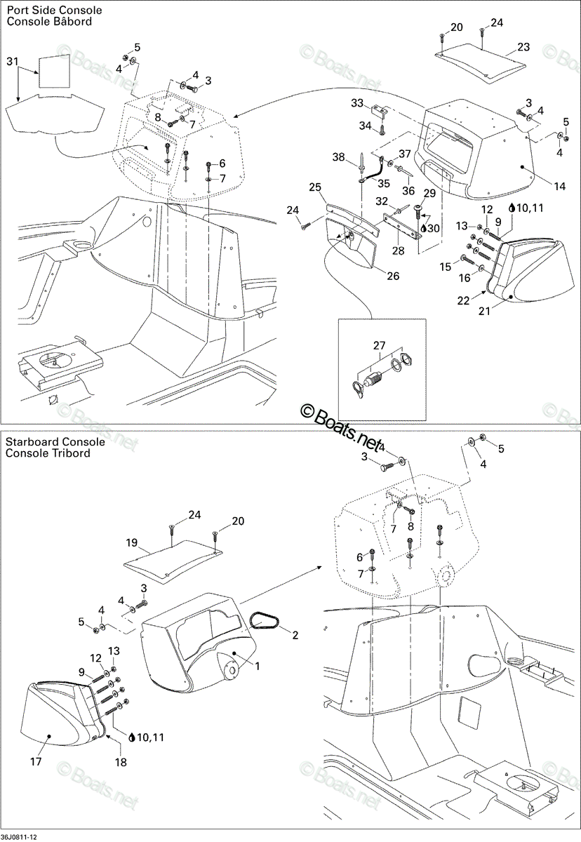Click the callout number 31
click(13, 61)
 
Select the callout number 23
click(523, 47)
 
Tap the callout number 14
click(559, 186)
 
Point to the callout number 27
click(380, 345)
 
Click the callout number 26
click(393, 276)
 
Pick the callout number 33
click(357, 102)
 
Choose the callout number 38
click(339, 156)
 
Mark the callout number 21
click(484, 311)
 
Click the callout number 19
click(131, 543)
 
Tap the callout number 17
click(36, 762)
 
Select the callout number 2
click(295, 635)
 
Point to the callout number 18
click(121, 762)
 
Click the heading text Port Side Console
click(54, 10)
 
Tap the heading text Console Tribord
click(48, 453)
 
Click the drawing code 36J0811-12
click(19, 837)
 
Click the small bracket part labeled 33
click(380, 110)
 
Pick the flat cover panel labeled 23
click(481, 62)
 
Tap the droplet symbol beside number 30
click(423, 228)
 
